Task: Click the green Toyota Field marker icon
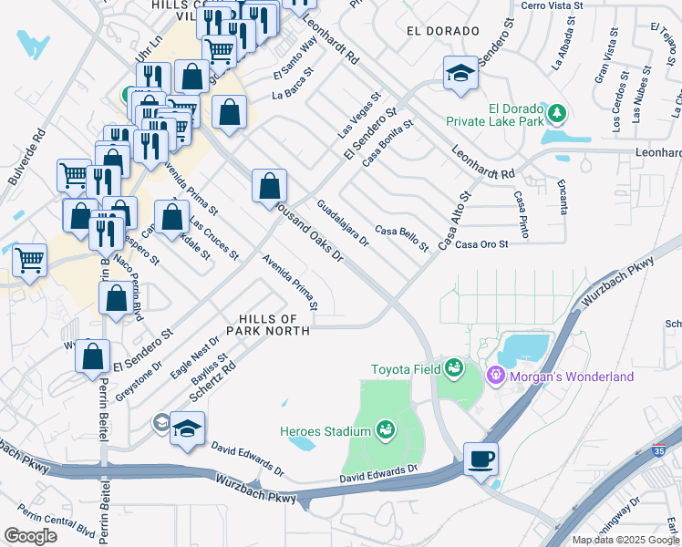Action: tap(453, 369)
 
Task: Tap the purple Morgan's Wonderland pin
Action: tap(496, 374)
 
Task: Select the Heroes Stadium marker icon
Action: tap(385, 428)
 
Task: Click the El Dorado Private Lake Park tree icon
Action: tap(556, 114)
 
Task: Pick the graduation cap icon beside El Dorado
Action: tap(461, 73)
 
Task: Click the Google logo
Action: tap(30, 535)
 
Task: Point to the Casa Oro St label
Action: tap(481, 244)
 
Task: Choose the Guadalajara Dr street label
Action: tap(343, 223)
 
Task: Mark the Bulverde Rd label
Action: tap(26, 155)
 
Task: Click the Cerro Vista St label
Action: tap(551, 5)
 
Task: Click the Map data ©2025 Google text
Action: tap(625, 539)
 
